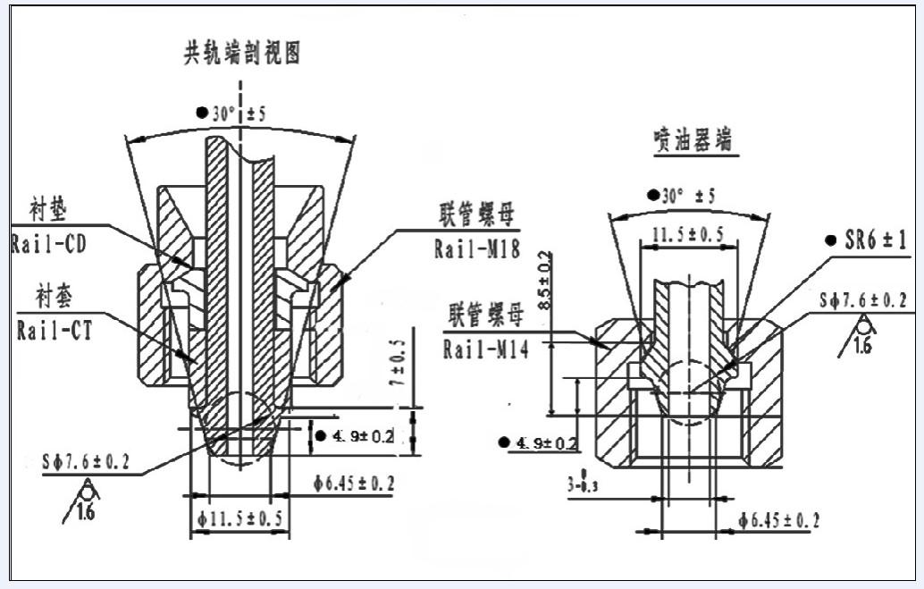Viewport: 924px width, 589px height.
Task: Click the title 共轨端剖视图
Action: coord(241,55)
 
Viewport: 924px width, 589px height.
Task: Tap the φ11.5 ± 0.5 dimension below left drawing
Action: coord(241,518)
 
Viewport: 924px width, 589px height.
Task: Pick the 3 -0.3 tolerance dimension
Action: coord(581,484)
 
